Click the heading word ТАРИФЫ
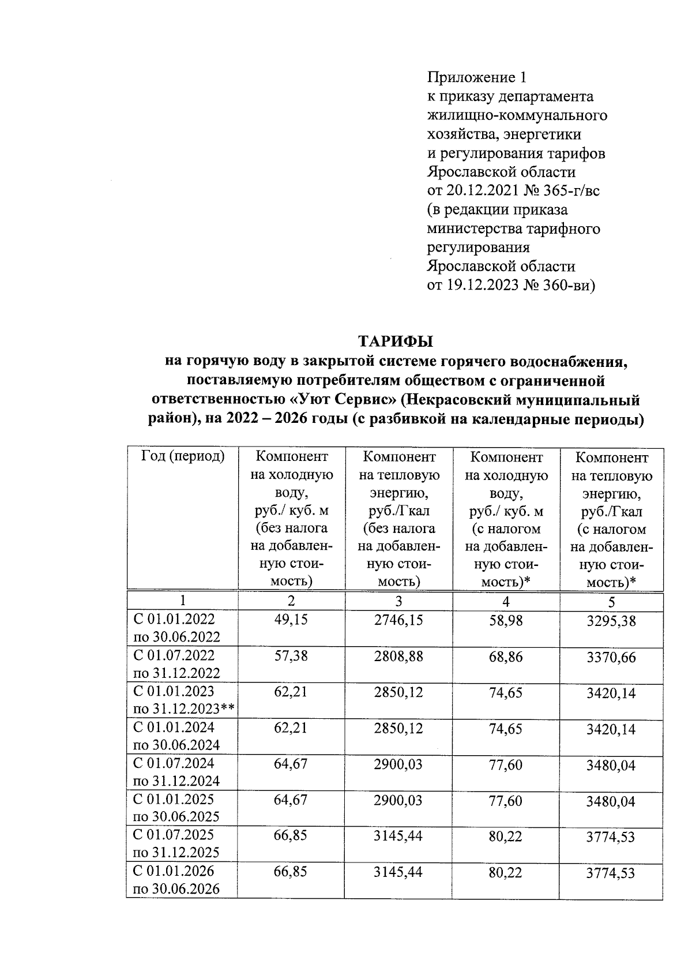point(395,342)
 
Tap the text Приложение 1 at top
point(476,77)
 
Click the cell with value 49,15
point(291,620)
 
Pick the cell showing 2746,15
point(398,620)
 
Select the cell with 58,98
point(505,620)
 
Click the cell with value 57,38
point(291,656)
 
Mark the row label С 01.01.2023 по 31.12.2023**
point(183,700)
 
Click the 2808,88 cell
point(398,656)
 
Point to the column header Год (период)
point(182,456)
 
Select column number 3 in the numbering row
point(398,601)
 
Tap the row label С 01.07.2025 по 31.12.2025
point(176,843)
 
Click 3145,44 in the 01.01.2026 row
point(398,872)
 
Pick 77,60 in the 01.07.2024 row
point(505,764)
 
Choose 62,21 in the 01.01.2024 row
point(291,728)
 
